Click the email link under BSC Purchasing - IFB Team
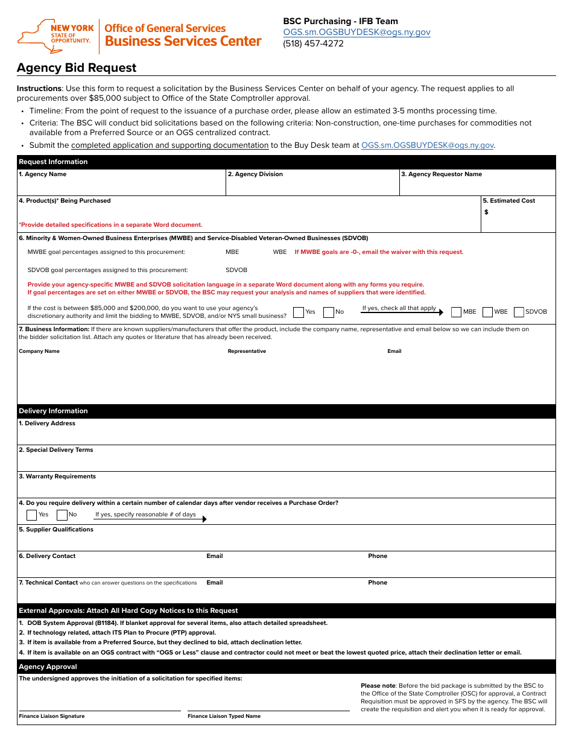[x=356, y=32]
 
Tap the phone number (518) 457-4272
[x=313, y=43]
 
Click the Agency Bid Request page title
[x=77, y=68]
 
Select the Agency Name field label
[x=43, y=174]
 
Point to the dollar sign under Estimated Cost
[x=486, y=212]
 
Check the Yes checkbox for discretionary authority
[x=299, y=312]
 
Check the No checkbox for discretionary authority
[x=329, y=312]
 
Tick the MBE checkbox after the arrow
[x=457, y=312]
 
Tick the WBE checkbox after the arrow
[x=488, y=312]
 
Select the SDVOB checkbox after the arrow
[x=519, y=312]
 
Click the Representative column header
[x=247, y=351]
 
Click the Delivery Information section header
[x=53, y=411]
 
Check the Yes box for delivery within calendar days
[x=32, y=515]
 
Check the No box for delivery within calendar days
[x=62, y=515]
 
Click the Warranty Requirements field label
[x=57, y=477]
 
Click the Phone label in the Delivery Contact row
[x=378, y=556]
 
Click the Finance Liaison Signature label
[x=52, y=716]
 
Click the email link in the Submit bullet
[x=428, y=145]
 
